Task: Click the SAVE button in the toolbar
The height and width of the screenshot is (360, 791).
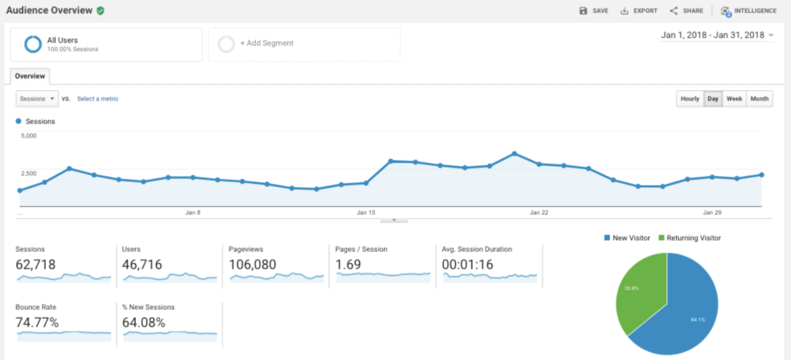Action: tap(594, 11)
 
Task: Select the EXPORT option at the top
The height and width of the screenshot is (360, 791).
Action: tap(639, 11)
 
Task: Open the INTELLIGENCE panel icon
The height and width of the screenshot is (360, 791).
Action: tap(725, 11)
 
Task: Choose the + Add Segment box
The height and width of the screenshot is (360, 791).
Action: tap(304, 44)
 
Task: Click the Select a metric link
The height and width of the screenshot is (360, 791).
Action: tap(97, 99)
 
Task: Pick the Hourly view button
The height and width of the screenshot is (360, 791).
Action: tap(690, 99)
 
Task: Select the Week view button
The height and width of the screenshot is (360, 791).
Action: tap(735, 99)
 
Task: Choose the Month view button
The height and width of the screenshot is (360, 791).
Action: tap(759, 99)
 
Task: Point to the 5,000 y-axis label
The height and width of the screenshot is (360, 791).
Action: tap(28, 136)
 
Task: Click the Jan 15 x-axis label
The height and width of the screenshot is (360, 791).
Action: tap(366, 212)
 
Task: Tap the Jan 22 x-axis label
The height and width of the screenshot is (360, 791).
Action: tap(539, 212)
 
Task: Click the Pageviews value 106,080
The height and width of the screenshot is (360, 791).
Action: tap(255, 264)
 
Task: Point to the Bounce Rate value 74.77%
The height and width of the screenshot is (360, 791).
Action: tap(37, 322)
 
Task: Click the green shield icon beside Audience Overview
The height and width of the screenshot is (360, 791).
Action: tap(100, 11)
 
